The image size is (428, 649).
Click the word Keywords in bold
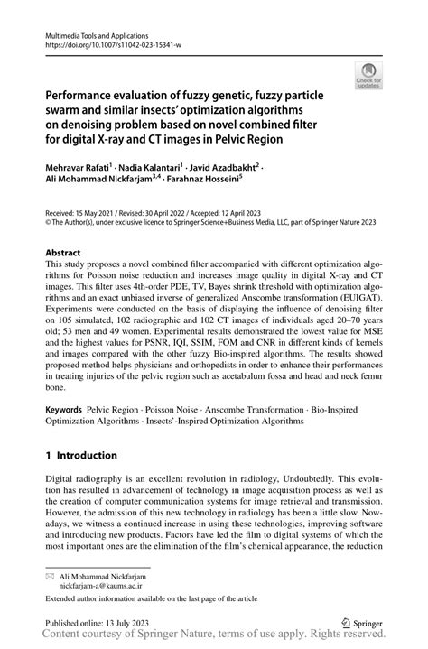(x=63, y=409)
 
